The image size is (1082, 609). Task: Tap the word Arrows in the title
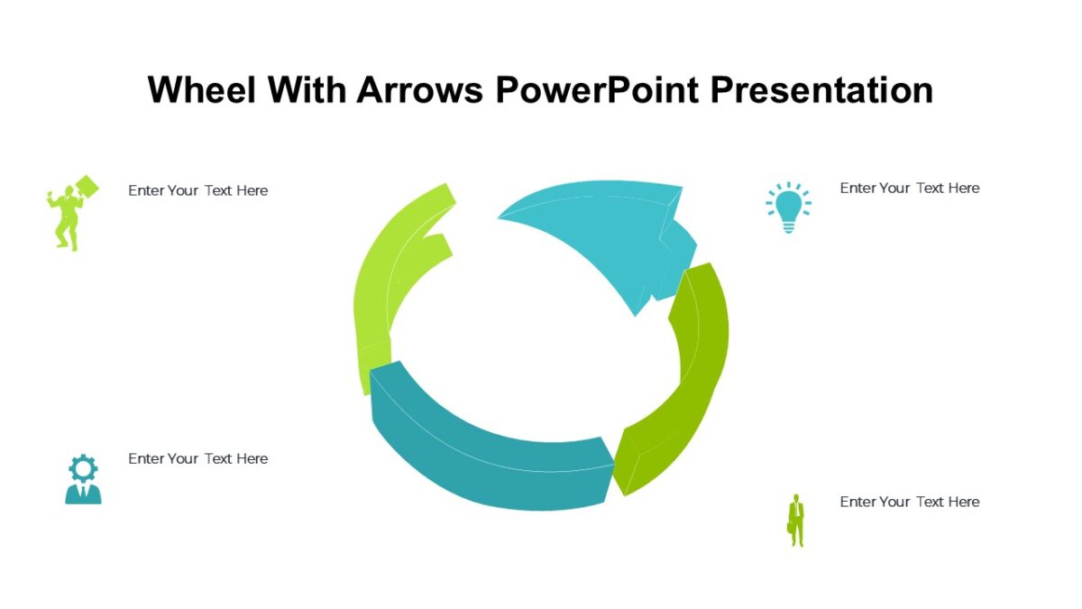coord(421,90)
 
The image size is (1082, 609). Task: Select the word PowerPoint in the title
coord(601,90)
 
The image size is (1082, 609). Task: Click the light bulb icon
coord(788,208)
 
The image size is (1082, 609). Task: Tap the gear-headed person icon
coord(83,479)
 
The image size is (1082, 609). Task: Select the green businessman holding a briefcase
coord(796,520)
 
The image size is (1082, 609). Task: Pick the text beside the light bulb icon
coord(909,188)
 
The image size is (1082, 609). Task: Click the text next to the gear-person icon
coord(197,458)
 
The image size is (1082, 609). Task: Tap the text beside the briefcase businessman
coord(909,502)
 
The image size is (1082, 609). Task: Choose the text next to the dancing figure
coord(197,190)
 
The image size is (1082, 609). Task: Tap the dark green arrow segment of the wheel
coord(690,379)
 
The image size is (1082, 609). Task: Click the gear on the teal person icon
coord(83,467)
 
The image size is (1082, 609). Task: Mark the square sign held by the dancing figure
coord(87,187)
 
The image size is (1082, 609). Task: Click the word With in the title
coord(302,90)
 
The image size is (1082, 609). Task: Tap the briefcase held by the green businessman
coord(791,526)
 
